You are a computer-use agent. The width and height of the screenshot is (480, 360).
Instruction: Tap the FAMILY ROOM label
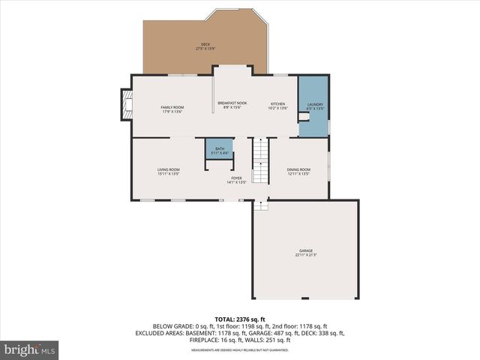tap(172, 107)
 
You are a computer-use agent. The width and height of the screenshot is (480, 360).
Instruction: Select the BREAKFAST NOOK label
tap(232, 103)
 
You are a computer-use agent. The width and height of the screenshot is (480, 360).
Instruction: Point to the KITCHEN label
tap(277, 103)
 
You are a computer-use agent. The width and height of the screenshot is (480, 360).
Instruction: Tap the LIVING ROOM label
tap(168, 169)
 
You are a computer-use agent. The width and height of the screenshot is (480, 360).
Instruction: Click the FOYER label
tap(236, 178)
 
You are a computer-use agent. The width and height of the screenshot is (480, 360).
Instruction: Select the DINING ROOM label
tap(298, 169)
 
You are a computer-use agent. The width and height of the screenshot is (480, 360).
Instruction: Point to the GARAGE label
tap(305, 250)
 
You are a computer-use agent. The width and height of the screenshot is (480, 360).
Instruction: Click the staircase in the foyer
tap(259, 161)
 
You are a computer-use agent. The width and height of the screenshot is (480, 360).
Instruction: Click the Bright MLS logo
tap(30, 349)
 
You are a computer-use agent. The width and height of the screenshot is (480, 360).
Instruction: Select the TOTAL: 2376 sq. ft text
tap(239, 319)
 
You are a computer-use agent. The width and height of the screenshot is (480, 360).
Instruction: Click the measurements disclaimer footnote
tap(239, 350)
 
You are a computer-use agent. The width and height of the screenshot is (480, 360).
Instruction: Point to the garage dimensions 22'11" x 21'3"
tap(305, 256)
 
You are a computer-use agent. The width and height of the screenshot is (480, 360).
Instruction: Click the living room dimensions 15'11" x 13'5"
tap(168, 174)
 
